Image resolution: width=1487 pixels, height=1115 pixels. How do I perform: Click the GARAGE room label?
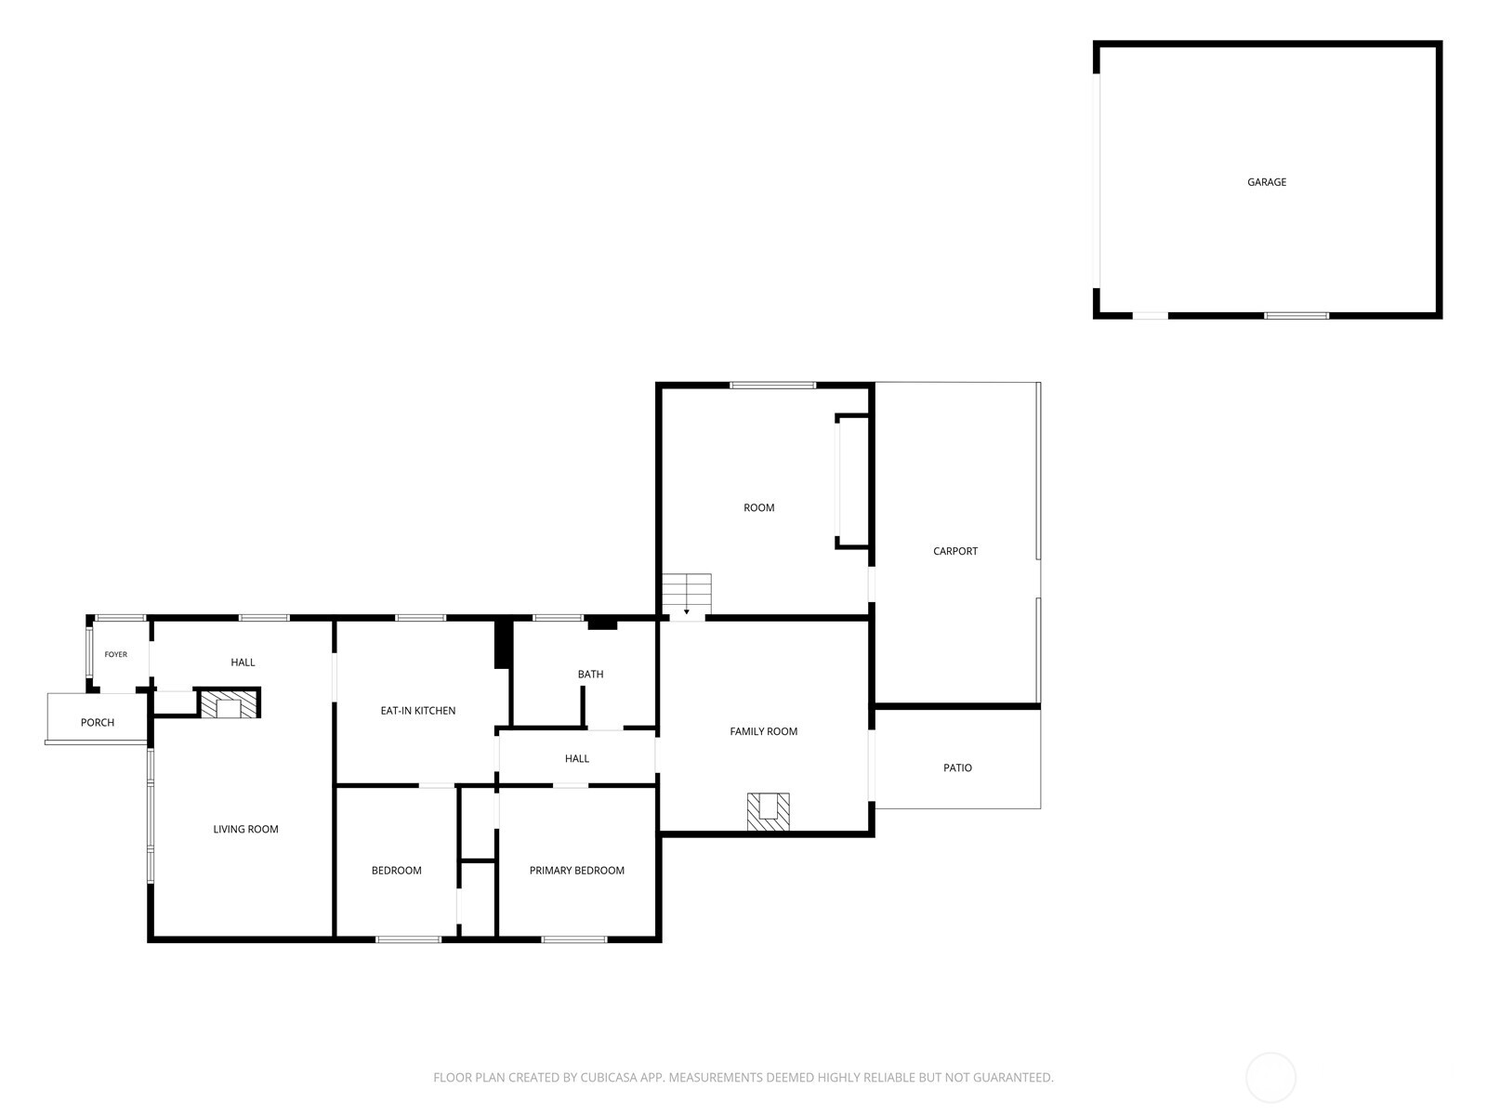1266,182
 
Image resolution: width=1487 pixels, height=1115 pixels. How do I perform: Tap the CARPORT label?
955,551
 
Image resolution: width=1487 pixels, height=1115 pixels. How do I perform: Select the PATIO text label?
957,767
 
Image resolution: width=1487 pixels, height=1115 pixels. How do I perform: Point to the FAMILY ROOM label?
764,731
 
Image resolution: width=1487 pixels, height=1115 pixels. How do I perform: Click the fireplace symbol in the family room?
769,812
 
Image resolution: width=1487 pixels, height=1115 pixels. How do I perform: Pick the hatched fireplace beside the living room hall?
230,704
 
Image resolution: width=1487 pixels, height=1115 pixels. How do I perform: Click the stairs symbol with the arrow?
686,595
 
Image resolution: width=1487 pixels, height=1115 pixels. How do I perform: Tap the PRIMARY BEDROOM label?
576,871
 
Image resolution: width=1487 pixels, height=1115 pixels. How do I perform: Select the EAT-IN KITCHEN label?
418,711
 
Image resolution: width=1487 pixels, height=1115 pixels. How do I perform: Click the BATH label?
590,675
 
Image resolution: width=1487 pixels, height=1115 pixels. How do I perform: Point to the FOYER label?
116,655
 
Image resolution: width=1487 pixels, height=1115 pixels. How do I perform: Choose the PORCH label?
98,722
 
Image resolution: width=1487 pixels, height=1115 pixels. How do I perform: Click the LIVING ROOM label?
246,830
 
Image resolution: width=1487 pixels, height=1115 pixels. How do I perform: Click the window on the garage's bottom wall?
1296,316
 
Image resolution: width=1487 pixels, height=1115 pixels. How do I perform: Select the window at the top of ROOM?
772,386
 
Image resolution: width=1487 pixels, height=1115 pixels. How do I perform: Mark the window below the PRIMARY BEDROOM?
573,939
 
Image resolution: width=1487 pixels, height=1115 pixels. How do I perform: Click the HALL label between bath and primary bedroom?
576,758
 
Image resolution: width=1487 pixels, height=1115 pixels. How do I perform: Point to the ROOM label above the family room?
758,507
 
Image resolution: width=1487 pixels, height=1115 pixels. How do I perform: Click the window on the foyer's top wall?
121,617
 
